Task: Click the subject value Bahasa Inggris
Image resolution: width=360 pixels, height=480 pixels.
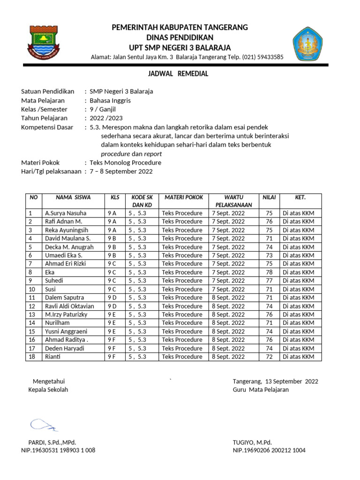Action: (x=110, y=100)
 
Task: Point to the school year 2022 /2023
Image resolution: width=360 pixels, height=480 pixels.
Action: (x=109, y=118)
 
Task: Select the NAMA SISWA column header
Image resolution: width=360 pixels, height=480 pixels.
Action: (x=73, y=197)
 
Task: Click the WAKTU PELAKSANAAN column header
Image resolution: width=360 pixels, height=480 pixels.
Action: (x=233, y=201)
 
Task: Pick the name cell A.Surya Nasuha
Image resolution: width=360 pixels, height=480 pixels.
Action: (x=66, y=213)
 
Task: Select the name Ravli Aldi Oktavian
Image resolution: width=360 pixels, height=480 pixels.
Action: (x=69, y=306)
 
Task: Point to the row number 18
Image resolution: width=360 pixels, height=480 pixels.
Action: (x=32, y=357)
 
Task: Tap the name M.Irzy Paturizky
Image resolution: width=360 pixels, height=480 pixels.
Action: (x=66, y=315)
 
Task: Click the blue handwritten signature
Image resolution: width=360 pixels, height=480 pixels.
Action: (x=44, y=425)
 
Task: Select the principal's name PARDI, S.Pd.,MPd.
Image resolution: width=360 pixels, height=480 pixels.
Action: (x=52, y=442)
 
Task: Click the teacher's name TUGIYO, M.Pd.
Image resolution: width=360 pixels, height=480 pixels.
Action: (x=252, y=442)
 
